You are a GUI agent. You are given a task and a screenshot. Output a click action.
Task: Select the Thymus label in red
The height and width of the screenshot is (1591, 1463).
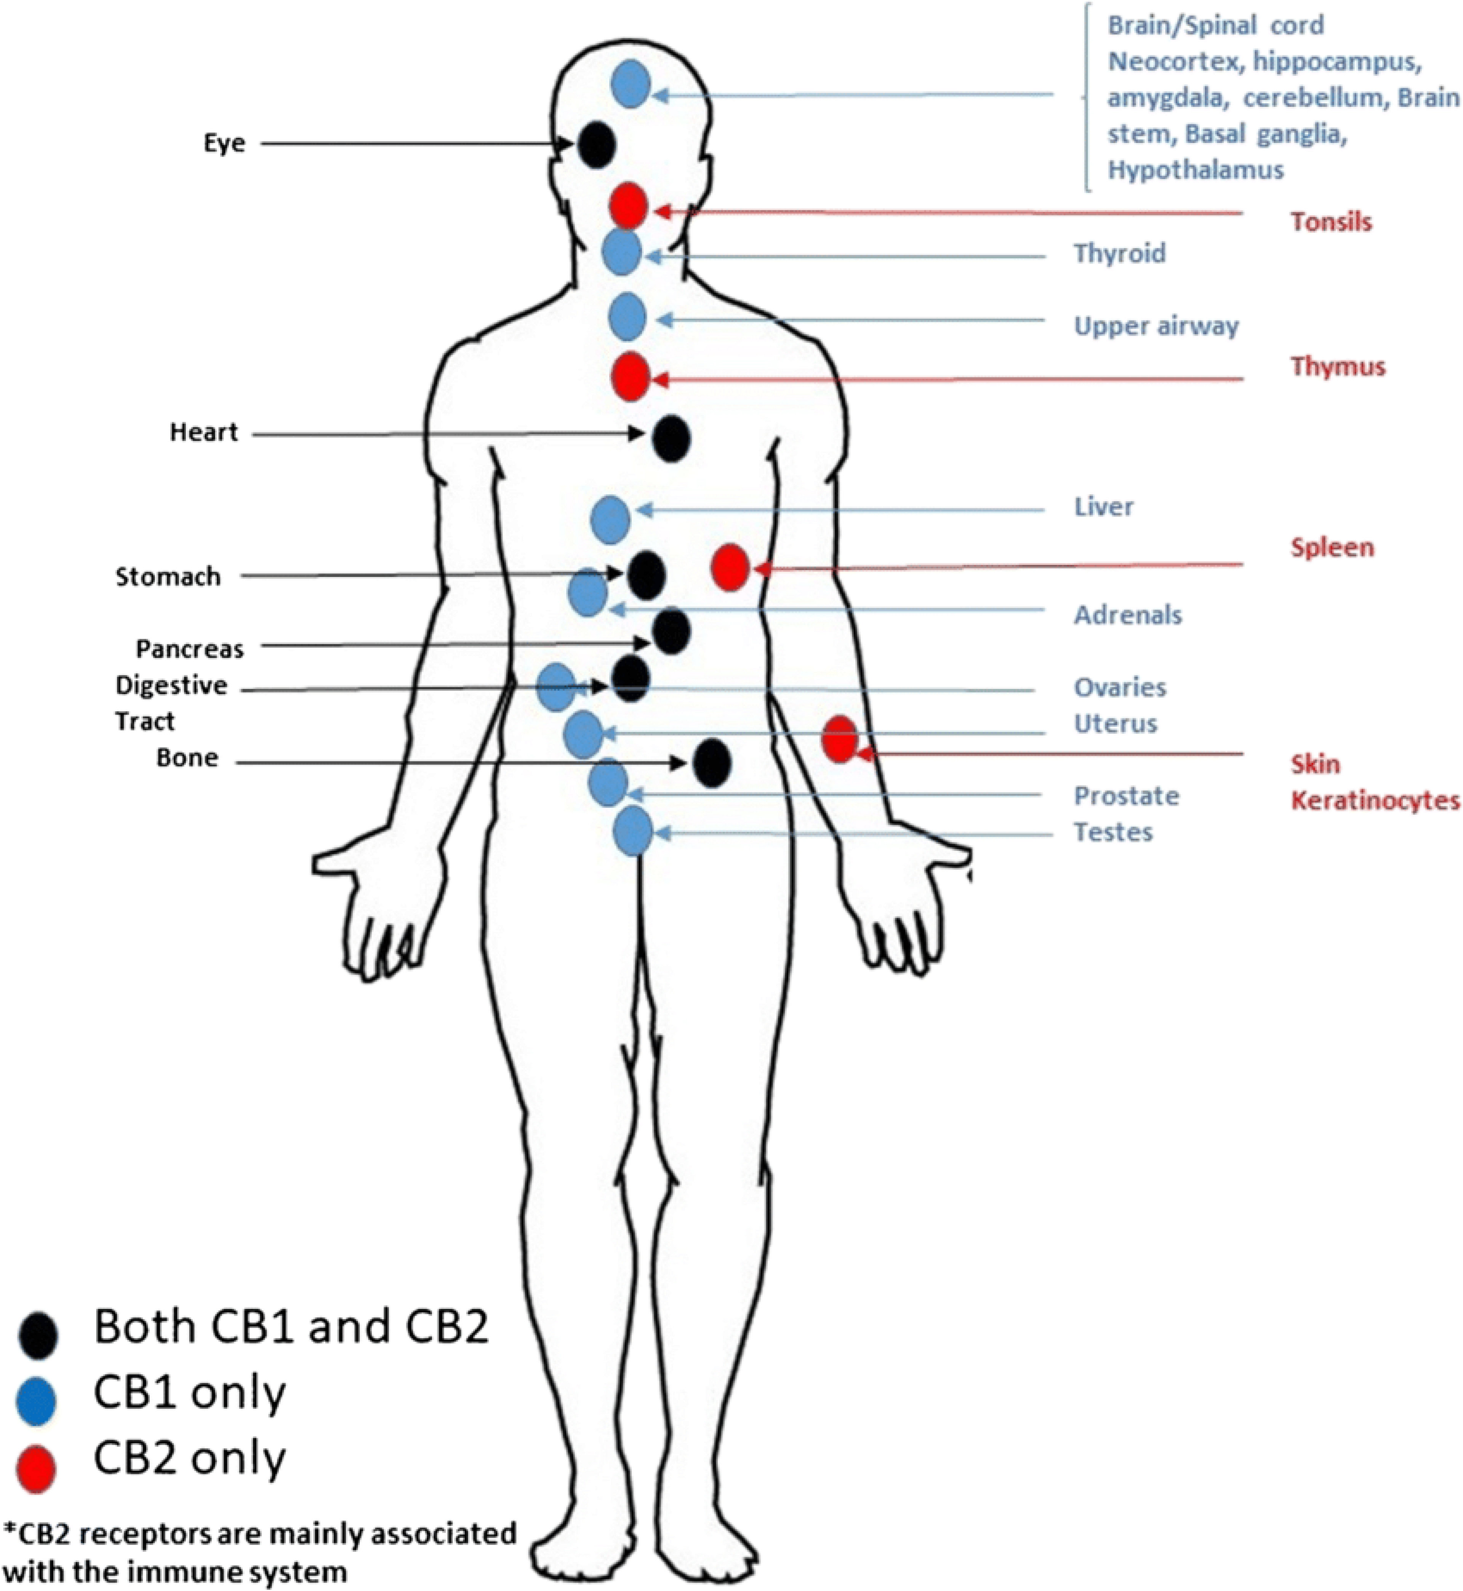point(1338,367)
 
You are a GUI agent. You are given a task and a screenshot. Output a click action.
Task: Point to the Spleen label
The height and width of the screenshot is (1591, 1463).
point(1332,547)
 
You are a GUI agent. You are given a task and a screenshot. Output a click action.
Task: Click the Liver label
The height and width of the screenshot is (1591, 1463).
point(1104,507)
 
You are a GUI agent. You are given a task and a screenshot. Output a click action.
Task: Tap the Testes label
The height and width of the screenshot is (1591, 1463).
point(1113,832)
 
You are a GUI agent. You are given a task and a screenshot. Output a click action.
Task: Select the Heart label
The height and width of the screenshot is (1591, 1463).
point(203,432)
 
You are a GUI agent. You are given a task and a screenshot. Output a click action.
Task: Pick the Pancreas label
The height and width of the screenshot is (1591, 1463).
point(190,650)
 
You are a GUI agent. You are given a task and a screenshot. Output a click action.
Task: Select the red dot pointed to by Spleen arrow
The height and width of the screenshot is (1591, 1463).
point(730,567)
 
